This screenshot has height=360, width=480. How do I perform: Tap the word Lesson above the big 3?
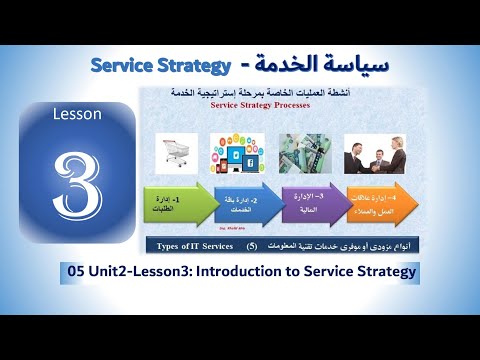pos(77,114)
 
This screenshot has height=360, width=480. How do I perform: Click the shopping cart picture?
pos(174,154)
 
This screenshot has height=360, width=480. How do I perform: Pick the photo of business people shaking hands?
pos(374,154)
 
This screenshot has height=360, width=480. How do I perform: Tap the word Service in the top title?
pos(127,65)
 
